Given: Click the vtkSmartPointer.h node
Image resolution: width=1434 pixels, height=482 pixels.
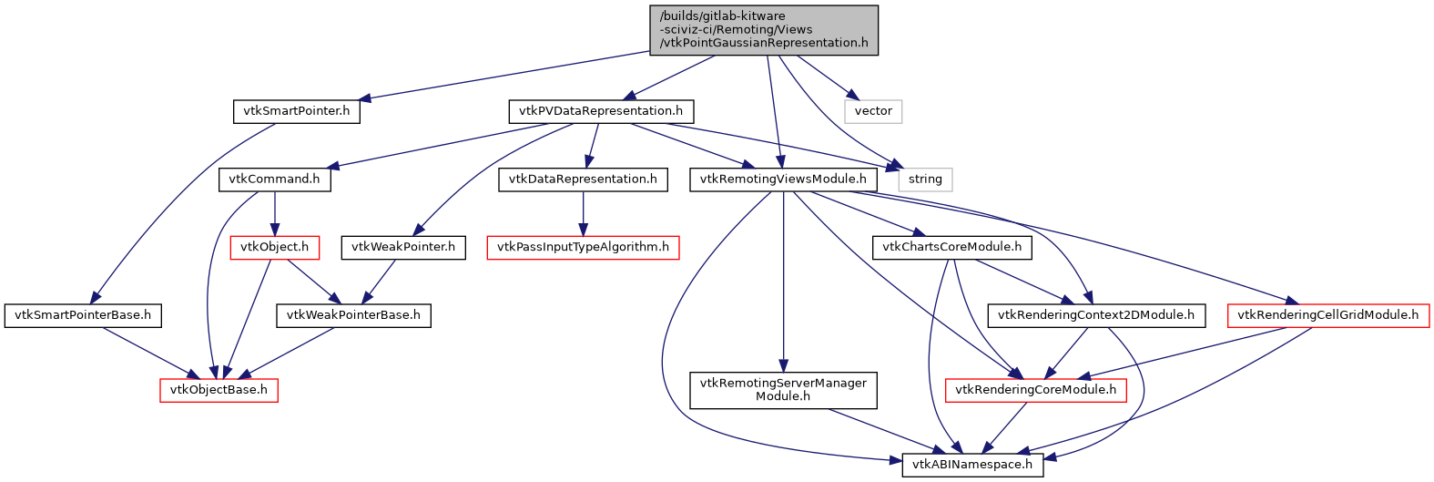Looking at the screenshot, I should point(296,111).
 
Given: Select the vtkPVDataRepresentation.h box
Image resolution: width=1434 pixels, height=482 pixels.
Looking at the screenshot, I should point(601,111).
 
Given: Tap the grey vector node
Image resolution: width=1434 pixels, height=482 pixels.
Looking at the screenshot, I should point(873,111).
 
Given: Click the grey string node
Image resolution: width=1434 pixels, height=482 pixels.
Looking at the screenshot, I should point(925,179).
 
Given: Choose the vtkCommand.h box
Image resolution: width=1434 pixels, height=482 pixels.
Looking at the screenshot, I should point(274,179).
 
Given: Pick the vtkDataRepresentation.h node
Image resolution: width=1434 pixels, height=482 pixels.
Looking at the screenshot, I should point(583,179).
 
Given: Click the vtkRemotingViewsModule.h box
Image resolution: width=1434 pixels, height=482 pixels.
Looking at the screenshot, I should point(783,179).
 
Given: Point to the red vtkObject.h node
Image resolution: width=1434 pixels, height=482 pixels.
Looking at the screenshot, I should point(274,247).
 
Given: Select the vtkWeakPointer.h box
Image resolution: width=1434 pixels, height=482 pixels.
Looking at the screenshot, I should point(403,247).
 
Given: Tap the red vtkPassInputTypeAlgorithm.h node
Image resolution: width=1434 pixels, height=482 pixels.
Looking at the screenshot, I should point(583,247).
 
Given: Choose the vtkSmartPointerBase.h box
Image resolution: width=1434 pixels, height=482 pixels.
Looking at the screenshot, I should point(83,315).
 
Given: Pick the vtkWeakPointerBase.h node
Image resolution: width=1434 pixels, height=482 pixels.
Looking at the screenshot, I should point(353,315).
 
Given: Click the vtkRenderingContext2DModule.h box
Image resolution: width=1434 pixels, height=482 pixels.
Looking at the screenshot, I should point(1096,315).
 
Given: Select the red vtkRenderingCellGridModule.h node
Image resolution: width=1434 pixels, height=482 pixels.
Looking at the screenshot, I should point(1328,315).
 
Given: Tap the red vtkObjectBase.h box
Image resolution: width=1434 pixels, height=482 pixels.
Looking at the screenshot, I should point(219,390).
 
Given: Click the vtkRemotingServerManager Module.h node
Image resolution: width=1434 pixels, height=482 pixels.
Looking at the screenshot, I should point(783,390).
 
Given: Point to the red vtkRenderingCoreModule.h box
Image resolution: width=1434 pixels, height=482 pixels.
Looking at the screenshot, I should point(1036,390).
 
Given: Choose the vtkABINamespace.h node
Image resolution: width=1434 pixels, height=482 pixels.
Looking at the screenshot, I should point(972,465).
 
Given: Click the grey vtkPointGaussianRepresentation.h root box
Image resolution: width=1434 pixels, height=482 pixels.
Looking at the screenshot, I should point(764,30).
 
